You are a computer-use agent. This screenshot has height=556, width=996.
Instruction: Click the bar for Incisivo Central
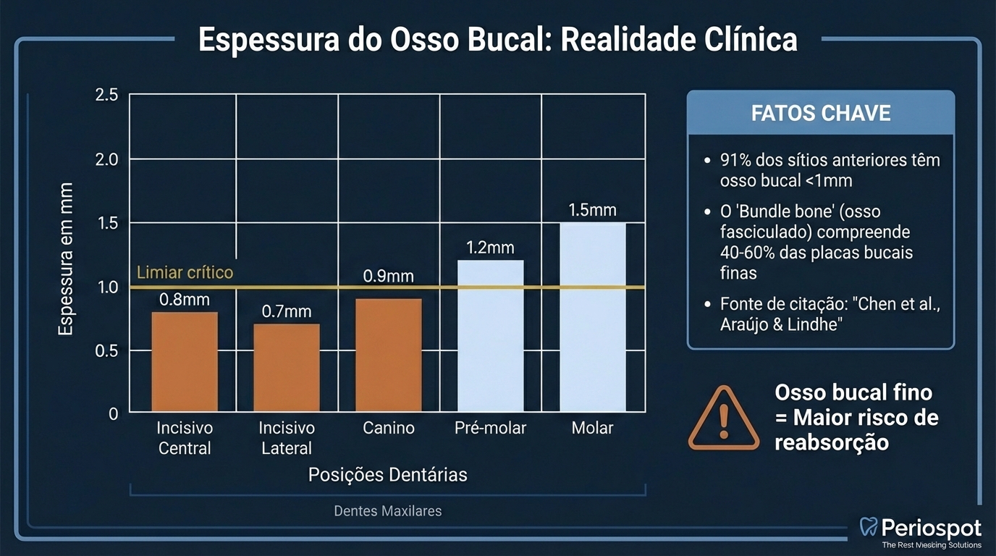point(185,362)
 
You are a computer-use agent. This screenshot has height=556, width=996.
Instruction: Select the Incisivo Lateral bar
point(287,368)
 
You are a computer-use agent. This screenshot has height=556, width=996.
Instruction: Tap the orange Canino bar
point(389,355)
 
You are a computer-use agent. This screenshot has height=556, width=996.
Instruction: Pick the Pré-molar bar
point(491,336)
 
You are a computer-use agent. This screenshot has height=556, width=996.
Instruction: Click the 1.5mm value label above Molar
point(592,211)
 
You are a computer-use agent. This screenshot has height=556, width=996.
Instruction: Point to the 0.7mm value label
point(287,311)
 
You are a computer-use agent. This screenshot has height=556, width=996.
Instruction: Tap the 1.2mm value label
point(490,248)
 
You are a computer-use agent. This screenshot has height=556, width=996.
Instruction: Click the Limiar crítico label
point(185,273)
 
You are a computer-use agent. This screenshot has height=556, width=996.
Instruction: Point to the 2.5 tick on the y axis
point(106,95)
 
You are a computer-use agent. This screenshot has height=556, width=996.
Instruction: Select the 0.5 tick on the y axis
point(106,350)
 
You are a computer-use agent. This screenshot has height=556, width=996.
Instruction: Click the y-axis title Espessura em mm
point(66,258)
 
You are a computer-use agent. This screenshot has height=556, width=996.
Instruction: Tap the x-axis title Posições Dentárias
point(387,475)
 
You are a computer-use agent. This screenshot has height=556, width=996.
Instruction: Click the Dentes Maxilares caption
point(387,511)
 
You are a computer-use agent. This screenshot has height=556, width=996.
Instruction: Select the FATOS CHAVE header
point(820,114)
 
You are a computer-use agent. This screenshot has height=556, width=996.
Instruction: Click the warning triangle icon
point(723,419)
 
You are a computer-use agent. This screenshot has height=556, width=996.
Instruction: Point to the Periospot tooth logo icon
point(868,527)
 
